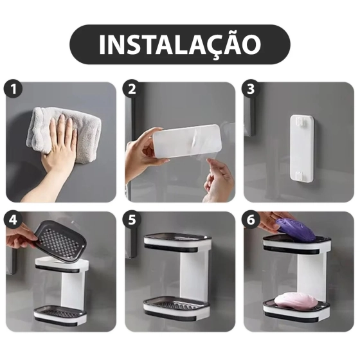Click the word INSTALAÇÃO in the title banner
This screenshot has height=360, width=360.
point(180,44)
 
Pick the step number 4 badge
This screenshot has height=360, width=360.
point(12,219)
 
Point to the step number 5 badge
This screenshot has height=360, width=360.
point(132,219)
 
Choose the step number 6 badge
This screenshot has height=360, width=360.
point(251,219)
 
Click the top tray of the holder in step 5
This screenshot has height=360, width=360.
point(177,241)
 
